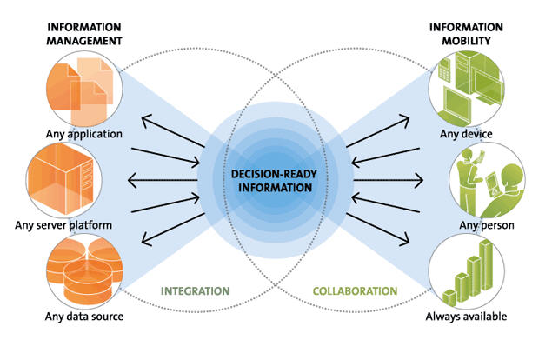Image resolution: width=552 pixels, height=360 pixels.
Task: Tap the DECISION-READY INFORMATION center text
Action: tap(276, 179)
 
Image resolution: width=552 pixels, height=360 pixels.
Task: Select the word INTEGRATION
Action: tap(196, 290)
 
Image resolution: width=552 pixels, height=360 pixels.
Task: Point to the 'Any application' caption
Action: tap(84, 134)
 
